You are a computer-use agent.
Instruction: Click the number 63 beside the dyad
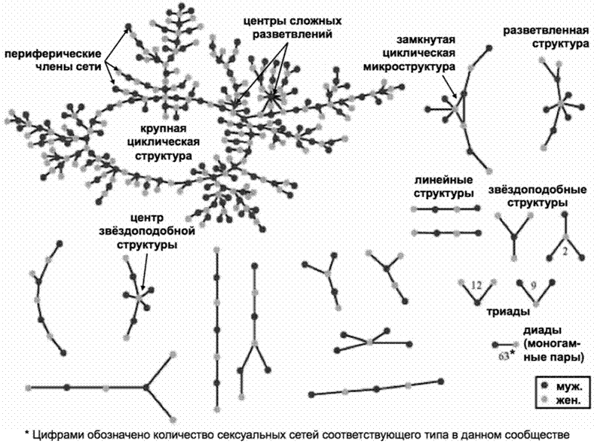coord(504,356)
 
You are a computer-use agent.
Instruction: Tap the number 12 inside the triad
coord(476,285)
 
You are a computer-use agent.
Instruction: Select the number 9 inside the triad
coord(534,285)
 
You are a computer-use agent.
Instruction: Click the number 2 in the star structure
coord(565,251)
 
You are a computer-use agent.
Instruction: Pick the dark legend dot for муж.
coord(545,385)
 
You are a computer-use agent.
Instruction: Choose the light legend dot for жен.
coord(545,400)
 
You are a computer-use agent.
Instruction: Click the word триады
coord(508,312)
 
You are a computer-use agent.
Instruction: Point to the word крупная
coord(164,129)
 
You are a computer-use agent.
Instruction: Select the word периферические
coord(53,53)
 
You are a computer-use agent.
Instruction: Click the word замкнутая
coord(426,39)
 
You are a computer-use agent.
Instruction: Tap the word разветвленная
coord(546,30)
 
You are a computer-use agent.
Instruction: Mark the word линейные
coord(443,180)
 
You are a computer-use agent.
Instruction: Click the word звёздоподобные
coord(537,190)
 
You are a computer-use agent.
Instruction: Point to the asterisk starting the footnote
coord(27,433)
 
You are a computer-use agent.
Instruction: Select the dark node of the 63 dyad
coord(494,345)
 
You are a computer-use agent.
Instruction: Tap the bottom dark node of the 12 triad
coord(478,303)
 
